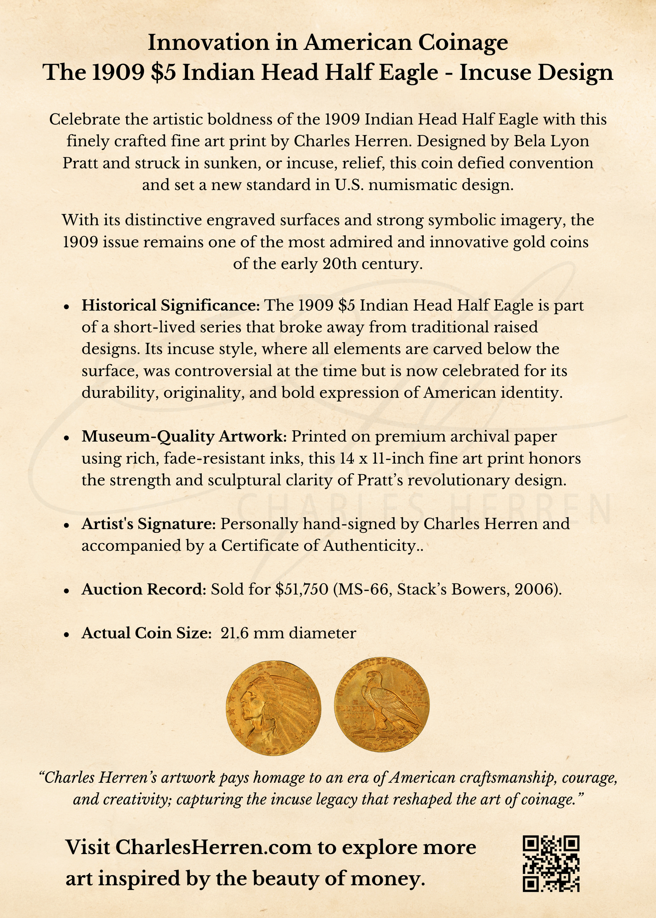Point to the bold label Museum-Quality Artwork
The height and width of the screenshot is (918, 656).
tap(184, 437)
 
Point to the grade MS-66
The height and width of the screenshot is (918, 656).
tap(360, 589)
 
